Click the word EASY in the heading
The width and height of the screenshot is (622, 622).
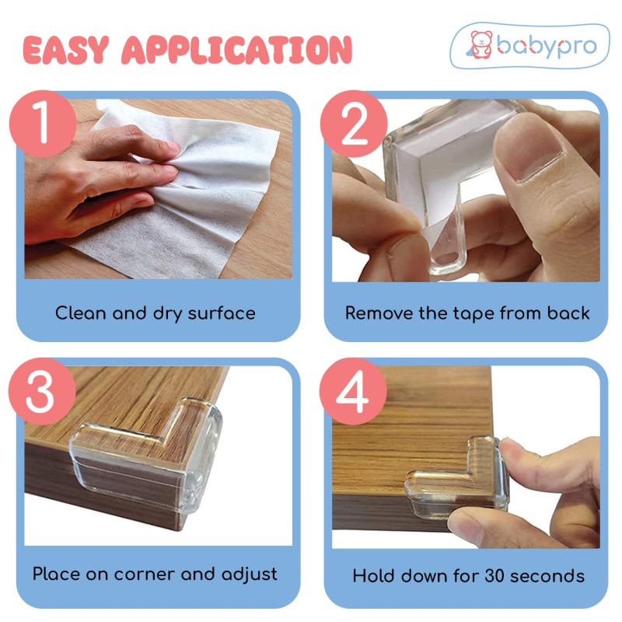click(x=67, y=49)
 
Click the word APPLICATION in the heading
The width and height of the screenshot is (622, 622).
click(x=238, y=49)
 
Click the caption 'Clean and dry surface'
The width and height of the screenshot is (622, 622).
click(x=155, y=314)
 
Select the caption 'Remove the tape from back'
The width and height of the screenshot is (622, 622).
click(x=467, y=314)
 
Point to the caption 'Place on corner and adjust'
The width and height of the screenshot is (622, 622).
click(x=155, y=575)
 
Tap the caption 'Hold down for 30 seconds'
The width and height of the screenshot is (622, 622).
click(x=468, y=576)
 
